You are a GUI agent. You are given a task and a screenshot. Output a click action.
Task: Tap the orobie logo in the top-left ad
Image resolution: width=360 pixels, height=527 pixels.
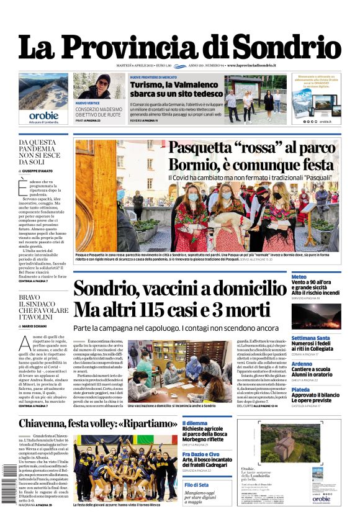[43, 115]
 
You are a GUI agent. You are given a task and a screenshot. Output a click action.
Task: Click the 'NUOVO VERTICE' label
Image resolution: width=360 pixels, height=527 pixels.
[88, 102]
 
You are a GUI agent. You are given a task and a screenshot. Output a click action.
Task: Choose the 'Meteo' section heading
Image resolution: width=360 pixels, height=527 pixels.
[299, 276]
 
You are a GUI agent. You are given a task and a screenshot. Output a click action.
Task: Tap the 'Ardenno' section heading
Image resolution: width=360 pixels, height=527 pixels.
[302, 364]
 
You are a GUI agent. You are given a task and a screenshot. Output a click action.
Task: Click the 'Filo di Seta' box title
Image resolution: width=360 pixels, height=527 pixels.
[196, 485]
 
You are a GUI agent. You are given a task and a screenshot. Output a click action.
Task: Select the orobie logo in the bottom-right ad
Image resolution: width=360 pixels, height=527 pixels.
[322, 498]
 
